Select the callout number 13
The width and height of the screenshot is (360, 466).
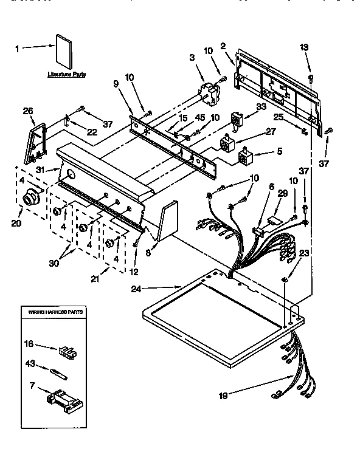(305, 49)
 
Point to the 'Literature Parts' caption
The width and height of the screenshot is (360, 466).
(67, 74)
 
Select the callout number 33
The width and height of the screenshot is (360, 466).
(261, 106)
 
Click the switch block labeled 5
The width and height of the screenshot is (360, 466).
(244, 159)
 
